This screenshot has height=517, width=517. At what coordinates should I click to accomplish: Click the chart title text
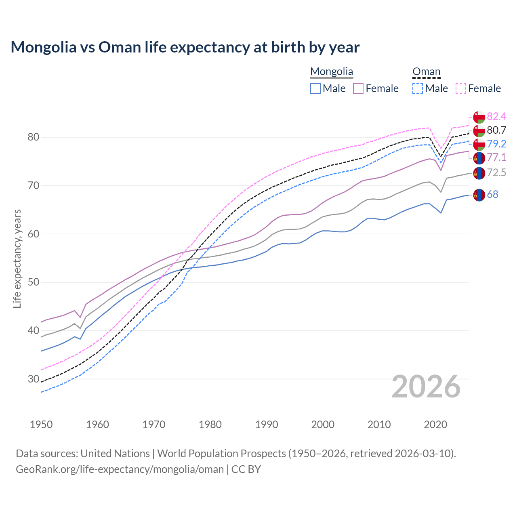click(185, 47)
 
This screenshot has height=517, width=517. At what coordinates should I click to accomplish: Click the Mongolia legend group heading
click(332, 72)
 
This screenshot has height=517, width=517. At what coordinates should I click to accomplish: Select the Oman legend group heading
click(426, 72)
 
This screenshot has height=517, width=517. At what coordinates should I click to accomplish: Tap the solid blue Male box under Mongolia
click(315, 88)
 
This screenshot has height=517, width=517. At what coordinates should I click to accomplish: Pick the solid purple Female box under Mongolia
click(358, 88)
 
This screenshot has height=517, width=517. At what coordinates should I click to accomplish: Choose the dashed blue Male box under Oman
click(418, 88)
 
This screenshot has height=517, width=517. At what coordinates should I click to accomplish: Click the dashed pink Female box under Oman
click(461, 88)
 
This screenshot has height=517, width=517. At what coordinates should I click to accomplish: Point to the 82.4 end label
click(496, 117)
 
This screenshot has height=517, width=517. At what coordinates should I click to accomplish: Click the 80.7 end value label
click(496, 130)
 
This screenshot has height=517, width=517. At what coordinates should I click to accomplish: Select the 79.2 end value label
click(496, 144)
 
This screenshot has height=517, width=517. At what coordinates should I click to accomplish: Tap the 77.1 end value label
click(496, 157)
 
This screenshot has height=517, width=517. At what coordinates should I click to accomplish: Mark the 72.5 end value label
click(496, 173)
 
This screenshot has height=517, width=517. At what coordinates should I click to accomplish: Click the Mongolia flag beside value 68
click(479, 195)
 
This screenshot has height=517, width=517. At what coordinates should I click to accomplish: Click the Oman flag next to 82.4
click(479, 117)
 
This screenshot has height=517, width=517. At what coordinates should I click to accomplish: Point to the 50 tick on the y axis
click(33, 282)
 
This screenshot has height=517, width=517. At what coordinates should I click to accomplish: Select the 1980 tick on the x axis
click(210, 425)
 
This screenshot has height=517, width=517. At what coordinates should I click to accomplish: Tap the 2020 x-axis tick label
click(435, 425)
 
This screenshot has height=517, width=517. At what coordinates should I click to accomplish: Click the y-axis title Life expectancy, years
click(17, 258)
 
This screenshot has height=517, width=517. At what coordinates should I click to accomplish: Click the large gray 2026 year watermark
click(426, 387)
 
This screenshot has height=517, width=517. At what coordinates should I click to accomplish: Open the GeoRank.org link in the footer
click(120, 469)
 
